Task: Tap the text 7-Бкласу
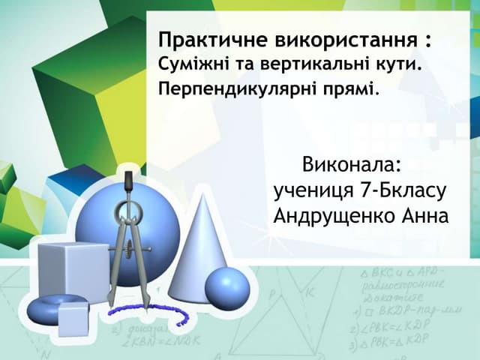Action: coord(405,190)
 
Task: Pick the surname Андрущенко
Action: coord(337,217)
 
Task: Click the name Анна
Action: coord(426,217)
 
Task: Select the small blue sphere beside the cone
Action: coord(227,287)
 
